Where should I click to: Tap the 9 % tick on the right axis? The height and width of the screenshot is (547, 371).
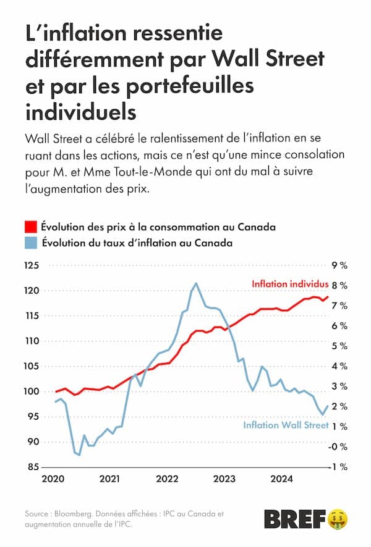(340, 265)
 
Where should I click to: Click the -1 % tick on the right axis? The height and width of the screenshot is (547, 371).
(339, 467)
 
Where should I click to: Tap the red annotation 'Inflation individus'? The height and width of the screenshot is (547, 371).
(290, 284)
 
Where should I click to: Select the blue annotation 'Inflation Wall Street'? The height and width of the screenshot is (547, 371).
(286, 425)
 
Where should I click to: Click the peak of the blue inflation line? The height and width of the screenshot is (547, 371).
(196, 283)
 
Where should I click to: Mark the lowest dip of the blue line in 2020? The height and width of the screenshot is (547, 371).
(79, 455)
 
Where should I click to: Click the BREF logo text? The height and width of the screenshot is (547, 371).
(294, 520)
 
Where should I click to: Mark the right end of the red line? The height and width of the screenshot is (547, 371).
(328, 297)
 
